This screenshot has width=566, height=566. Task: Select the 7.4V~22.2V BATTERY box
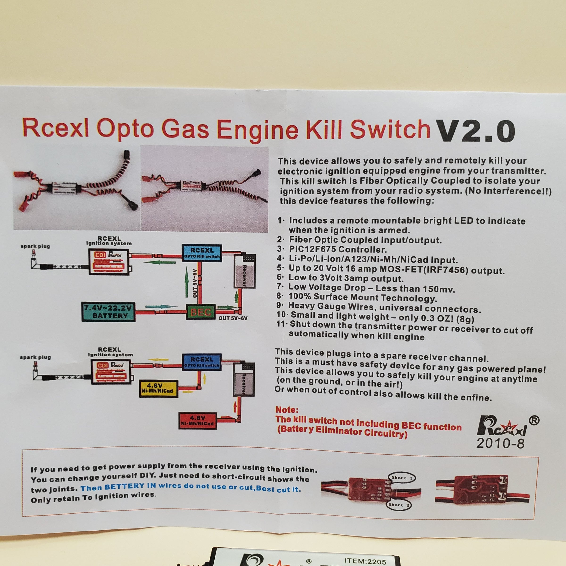coord(108,312)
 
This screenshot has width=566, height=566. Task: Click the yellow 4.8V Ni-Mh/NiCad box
coord(158,388)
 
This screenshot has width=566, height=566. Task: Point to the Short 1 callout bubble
coord(402,478)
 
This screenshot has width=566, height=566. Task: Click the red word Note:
coord(287,410)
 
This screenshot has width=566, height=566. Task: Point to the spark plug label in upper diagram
coord(35,246)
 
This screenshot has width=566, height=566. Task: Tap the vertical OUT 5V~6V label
coord(195,283)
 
